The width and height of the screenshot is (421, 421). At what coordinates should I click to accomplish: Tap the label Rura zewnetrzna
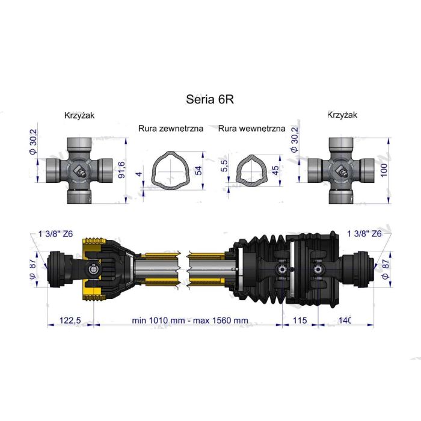click(171, 128)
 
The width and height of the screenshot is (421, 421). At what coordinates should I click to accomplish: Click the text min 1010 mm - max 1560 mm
click(190, 320)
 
